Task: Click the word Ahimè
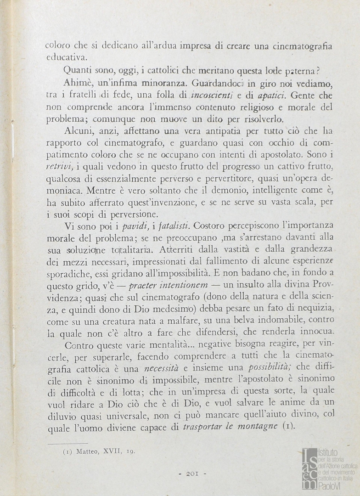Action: [76, 85]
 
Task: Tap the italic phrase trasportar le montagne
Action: [230, 426]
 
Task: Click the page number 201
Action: [191, 473]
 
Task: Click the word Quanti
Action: [77, 71]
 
